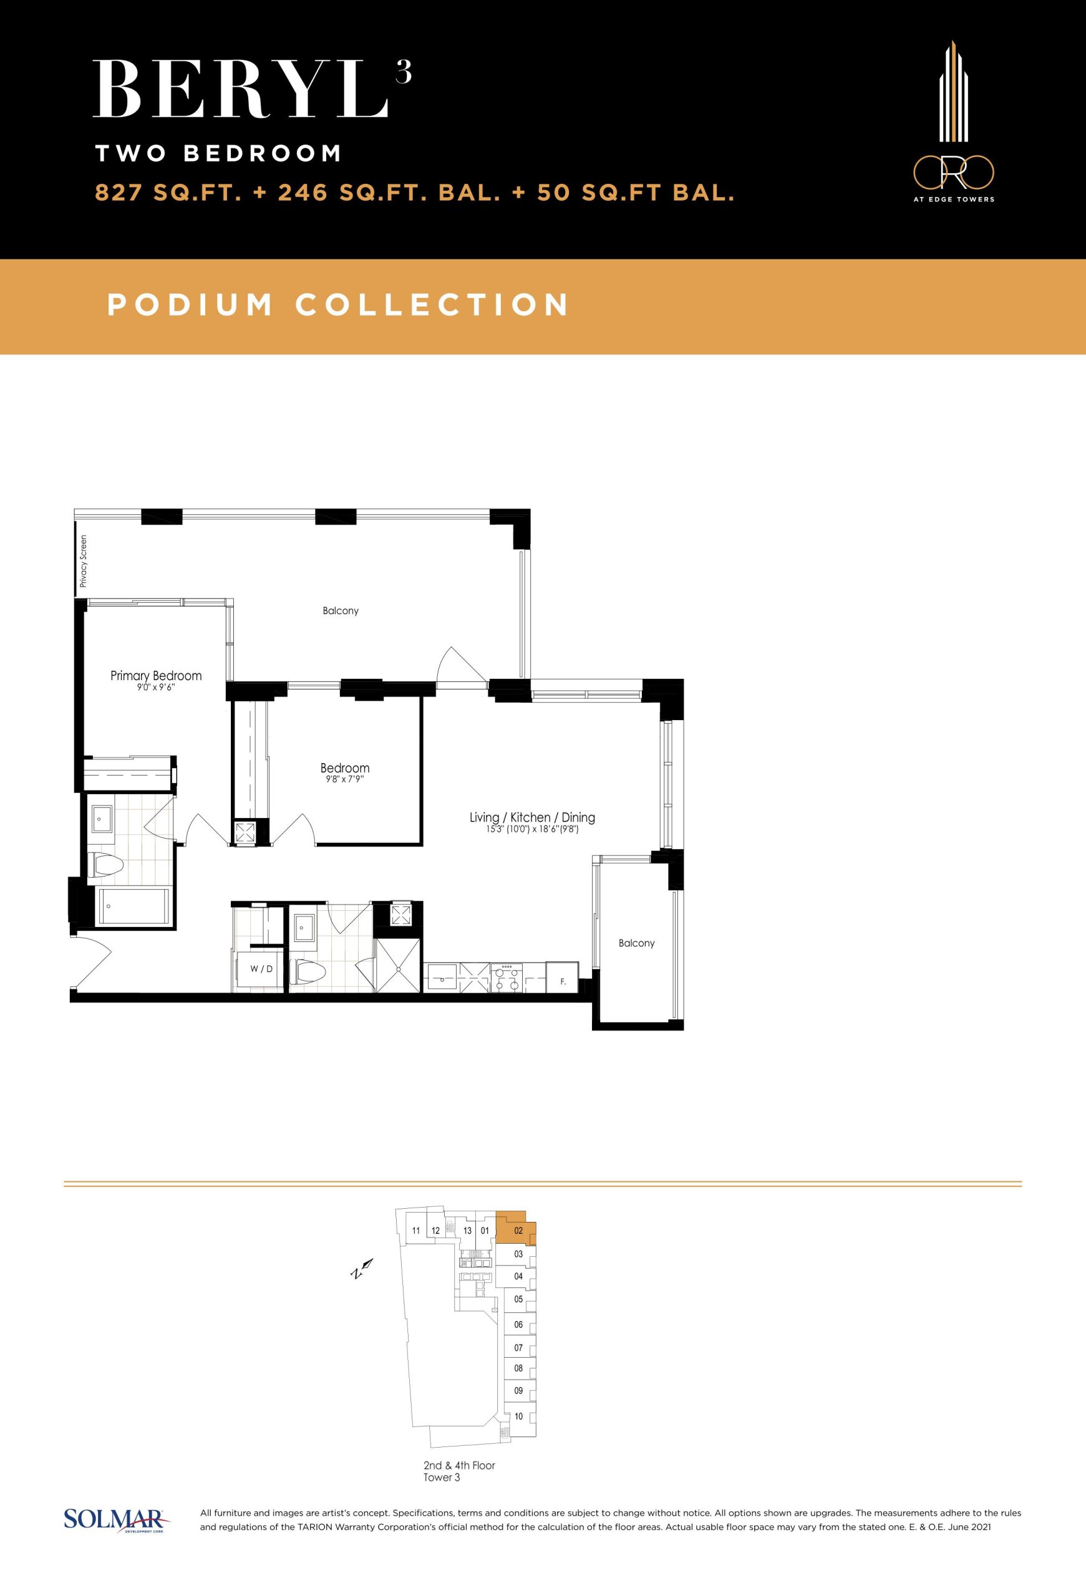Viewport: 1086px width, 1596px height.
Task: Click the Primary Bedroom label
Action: (x=156, y=676)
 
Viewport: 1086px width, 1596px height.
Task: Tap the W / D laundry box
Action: (x=261, y=969)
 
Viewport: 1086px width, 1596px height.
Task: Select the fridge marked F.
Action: (x=563, y=976)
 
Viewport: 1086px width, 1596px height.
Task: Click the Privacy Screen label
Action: (x=84, y=561)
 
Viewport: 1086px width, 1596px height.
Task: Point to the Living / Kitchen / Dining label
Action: (x=532, y=817)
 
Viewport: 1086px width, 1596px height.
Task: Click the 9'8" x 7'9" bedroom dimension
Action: (x=345, y=779)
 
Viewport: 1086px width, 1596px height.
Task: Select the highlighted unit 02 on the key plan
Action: (x=516, y=1230)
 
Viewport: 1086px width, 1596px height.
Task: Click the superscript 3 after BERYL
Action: (x=404, y=72)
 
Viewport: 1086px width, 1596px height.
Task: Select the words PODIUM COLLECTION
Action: (x=338, y=305)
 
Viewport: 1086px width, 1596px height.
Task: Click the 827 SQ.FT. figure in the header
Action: (x=168, y=193)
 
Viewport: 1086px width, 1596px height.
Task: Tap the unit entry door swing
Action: (x=91, y=963)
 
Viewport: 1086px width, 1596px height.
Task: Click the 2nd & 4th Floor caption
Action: (x=459, y=1465)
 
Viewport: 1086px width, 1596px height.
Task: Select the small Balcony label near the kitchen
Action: (x=636, y=943)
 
